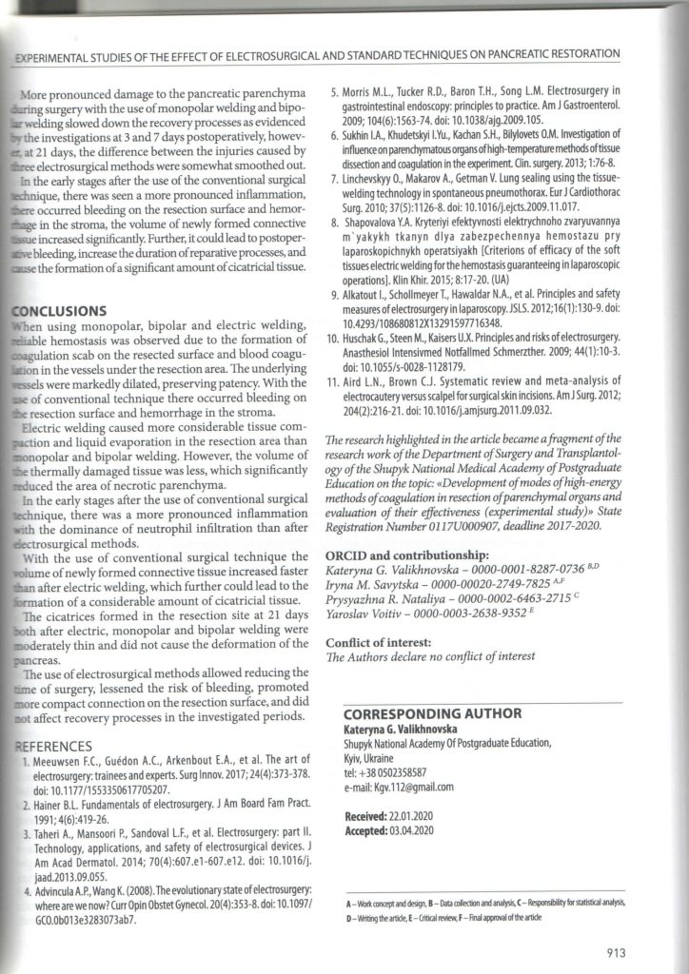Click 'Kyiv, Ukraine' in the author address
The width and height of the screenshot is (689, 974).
368,759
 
